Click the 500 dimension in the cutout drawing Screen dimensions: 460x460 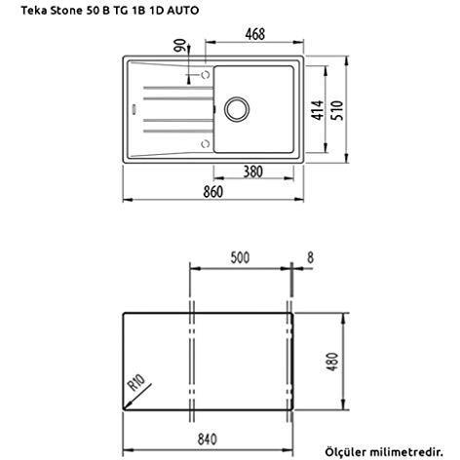tap(242, 259)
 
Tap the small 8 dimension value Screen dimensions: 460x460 tap(311, 259)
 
